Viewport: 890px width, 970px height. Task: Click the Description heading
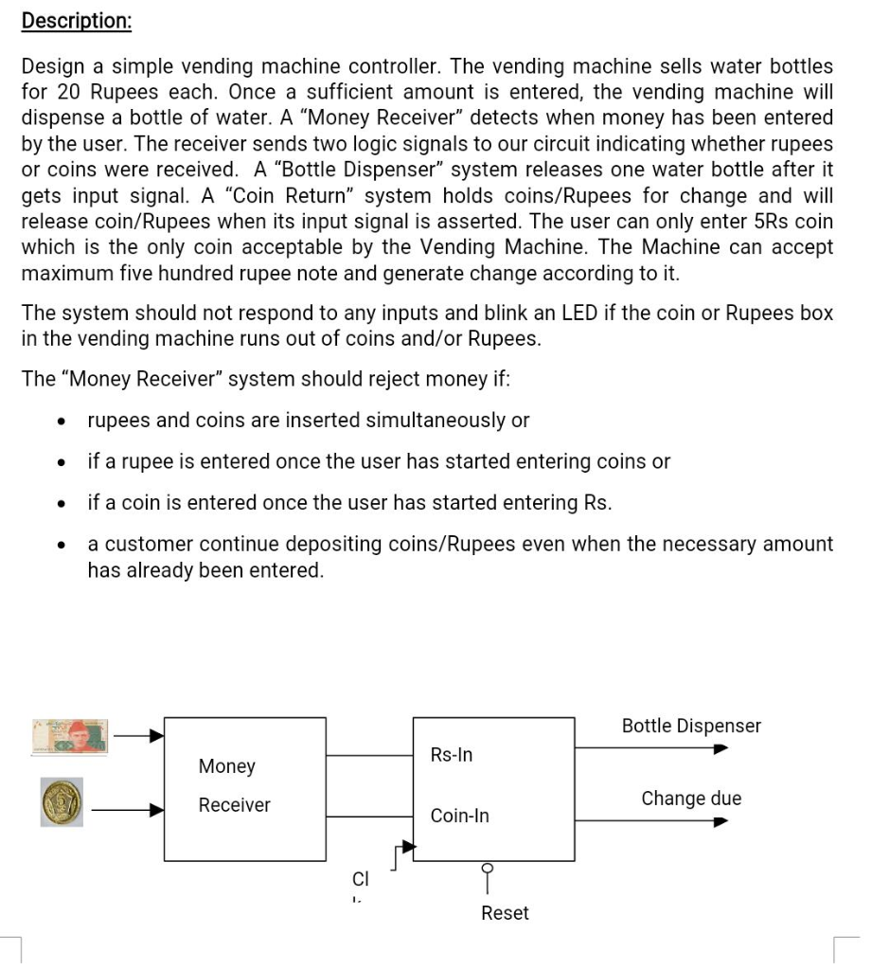coord(77,22)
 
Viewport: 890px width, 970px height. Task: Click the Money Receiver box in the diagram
coord(244,788)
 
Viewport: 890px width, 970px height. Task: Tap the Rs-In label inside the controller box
coord(451,755)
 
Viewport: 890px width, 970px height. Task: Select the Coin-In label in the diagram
coord(459,816)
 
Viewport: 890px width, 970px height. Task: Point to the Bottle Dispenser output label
coord(691,726)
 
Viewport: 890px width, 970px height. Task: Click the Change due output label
coord(691,799)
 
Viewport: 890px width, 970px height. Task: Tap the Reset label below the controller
coord(505,913)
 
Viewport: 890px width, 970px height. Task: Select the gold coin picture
coord(62,802)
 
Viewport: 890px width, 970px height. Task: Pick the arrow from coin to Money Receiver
coord(129,809)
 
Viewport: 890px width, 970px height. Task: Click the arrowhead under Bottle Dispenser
coord(721,748)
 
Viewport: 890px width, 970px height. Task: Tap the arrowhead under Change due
coord(721,820)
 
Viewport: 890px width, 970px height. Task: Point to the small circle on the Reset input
coord(489,868)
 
